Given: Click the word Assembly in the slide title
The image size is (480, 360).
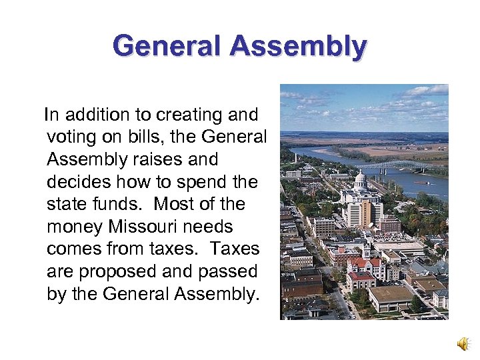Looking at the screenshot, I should pos(298,47).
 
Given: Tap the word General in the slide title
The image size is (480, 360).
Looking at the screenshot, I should pos(167,47).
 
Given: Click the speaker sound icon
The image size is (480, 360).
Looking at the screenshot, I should pos(462,344).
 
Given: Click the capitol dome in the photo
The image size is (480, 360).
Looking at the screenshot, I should pos(360,180).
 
